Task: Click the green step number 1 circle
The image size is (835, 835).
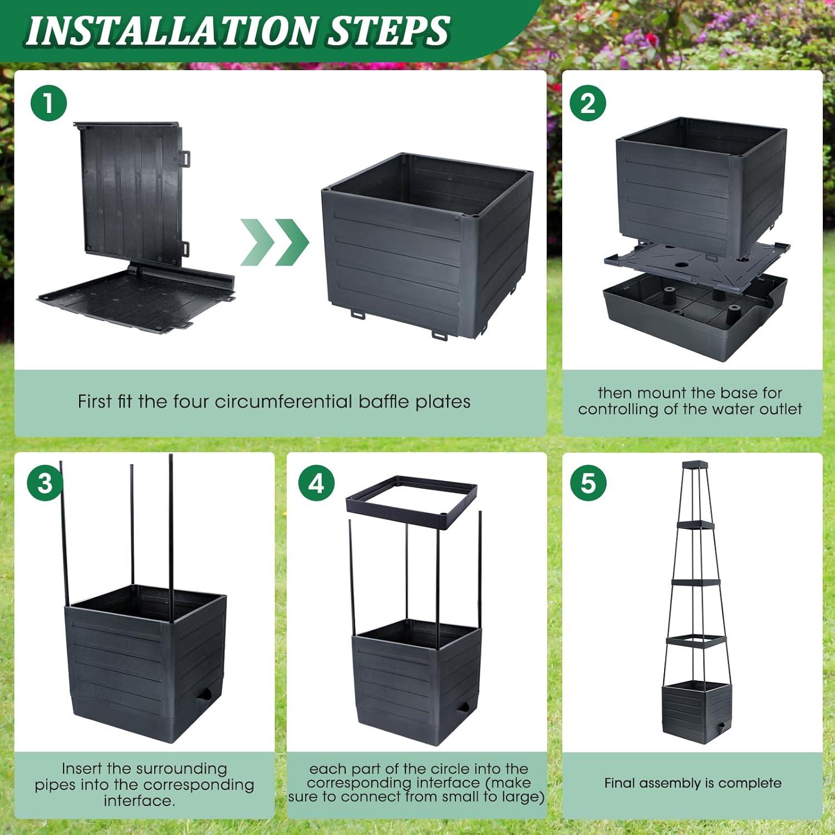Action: click(x=48, y=104)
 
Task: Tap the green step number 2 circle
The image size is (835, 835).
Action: click(x=588, y=104)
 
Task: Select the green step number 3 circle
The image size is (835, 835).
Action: click(x=45, y=483)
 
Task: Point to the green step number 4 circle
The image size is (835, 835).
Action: click(x=316, y=483)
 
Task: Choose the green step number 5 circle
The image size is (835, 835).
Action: click(x=588, y=483)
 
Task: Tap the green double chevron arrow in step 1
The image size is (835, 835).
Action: click(x=274, y=242)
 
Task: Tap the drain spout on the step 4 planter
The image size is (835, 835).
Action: click(x=461, y=709)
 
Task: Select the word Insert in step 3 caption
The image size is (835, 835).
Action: click(x=82, y=769)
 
